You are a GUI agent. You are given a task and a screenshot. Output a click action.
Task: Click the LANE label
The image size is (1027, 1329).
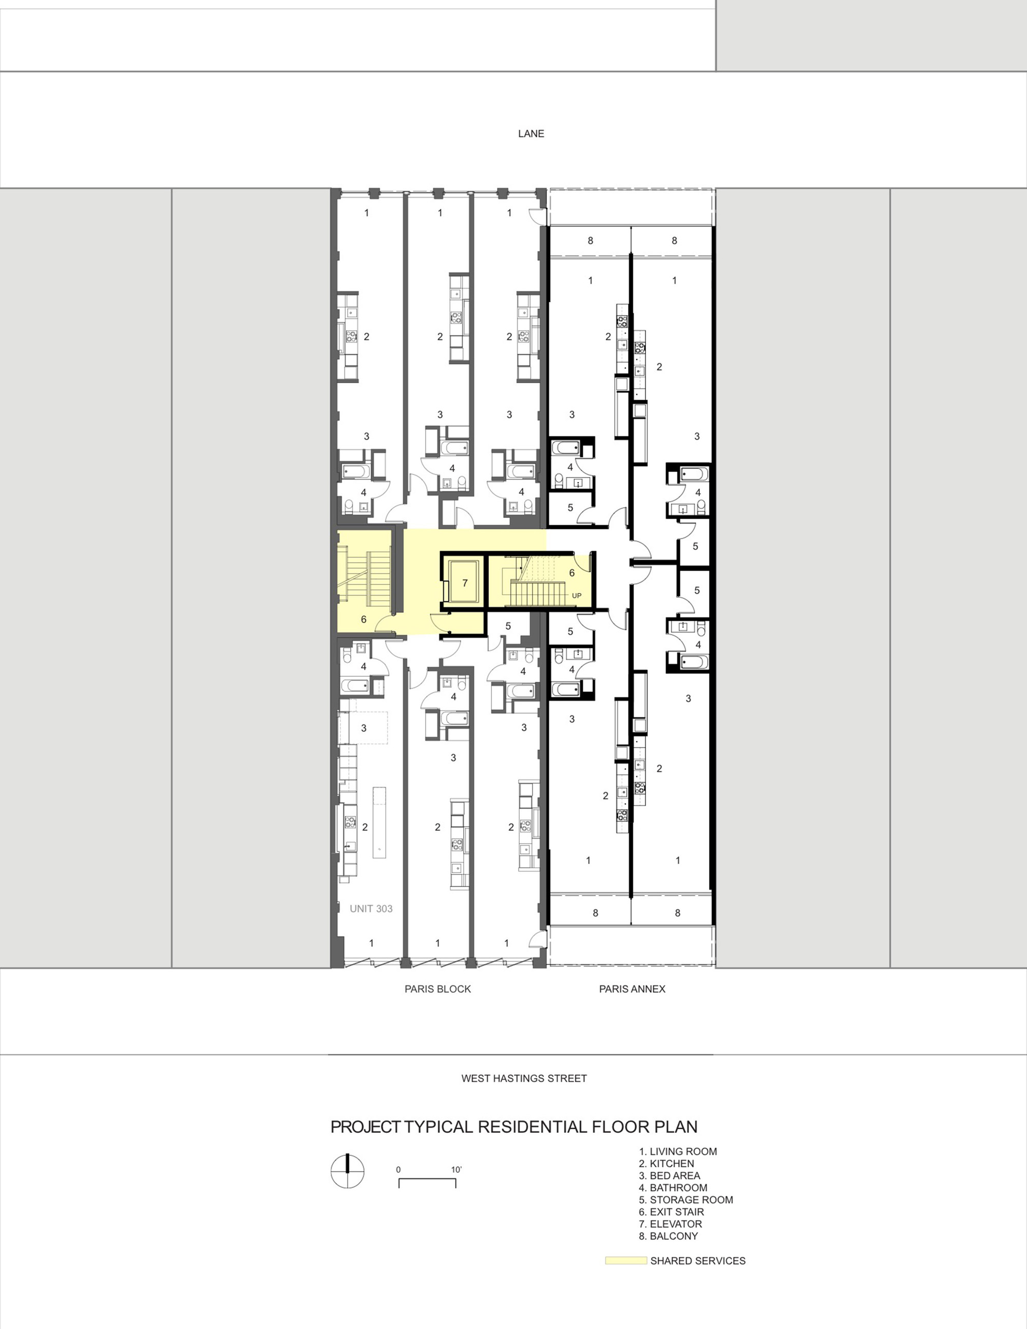(530, 134)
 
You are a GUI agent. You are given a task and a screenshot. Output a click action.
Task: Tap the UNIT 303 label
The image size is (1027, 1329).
(371, 908)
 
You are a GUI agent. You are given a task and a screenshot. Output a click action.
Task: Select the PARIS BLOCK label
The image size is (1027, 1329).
(438, 989)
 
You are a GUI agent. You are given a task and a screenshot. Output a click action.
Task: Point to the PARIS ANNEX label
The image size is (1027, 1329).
(632, 989)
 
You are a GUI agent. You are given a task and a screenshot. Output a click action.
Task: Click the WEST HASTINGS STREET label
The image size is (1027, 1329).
(524, 1078)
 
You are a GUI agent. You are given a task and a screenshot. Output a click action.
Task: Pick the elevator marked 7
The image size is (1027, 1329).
(464, 582)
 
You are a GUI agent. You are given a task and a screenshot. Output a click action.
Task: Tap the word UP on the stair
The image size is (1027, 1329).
(577, 596)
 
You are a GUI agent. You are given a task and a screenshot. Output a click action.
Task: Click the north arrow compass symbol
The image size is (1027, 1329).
(348, 1171)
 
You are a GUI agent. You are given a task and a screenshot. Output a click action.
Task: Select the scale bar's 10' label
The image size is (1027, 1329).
(457, 1169)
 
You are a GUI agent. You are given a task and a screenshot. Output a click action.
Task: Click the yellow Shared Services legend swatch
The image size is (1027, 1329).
(625, 1261)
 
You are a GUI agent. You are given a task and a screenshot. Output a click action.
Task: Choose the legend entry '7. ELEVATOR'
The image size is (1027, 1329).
(670, 1224)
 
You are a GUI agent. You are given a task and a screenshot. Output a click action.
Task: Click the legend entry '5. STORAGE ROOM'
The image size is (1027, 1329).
(686, 1200)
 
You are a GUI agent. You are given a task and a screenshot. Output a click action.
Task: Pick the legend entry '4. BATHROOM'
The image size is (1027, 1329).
(673, 1188)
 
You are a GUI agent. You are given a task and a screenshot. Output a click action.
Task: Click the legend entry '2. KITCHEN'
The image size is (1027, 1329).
(666, 1164)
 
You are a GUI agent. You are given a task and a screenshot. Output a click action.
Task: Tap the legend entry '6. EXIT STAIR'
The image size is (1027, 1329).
(671, 1211)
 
